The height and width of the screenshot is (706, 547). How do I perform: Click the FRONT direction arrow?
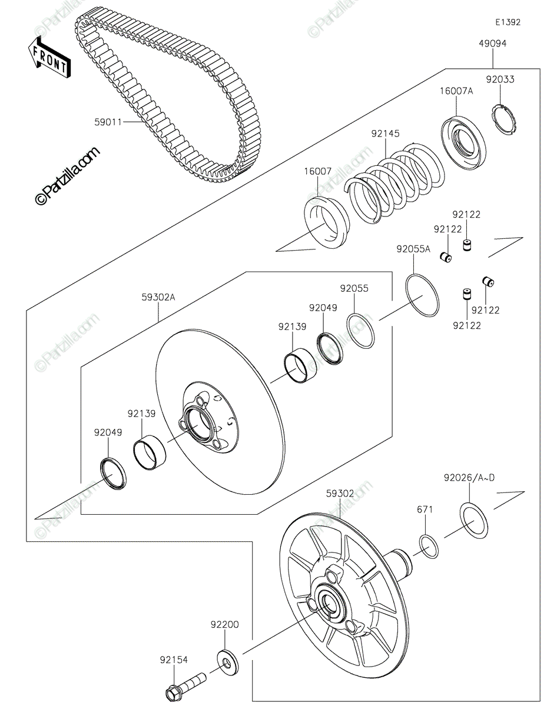49,56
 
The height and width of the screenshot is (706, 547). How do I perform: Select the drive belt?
171,100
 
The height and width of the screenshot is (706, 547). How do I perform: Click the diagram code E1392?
507,22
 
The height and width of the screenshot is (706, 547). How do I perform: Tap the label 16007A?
456,91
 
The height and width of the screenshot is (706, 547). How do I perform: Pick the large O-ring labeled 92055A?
422,297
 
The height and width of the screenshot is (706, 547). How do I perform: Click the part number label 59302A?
158,298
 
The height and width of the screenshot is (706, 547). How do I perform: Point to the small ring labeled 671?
429,547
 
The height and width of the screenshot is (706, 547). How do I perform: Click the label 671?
425,509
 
